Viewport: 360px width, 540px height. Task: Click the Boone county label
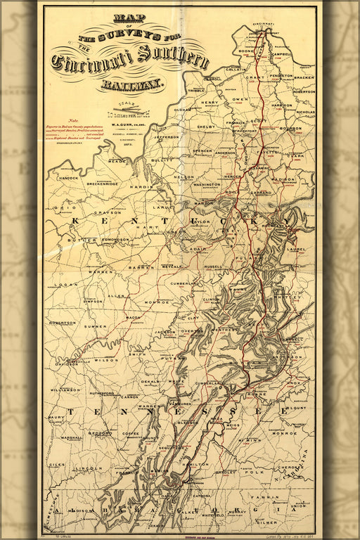246,51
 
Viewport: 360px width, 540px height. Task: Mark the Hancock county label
68,178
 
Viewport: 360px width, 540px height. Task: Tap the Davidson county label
68,364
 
